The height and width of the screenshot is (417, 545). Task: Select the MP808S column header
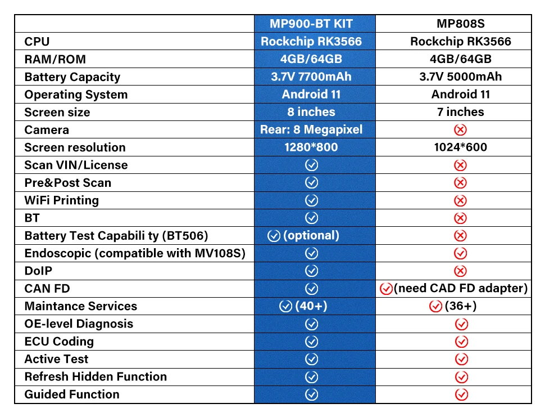[x=461, y=24]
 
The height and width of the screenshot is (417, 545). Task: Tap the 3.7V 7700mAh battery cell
[x=311, y=77]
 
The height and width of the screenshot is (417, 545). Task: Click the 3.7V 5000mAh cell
[x=461, y=77]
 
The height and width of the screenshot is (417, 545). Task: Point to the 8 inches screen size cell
[x=311, y=112]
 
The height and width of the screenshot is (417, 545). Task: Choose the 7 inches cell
[x=461, y=112]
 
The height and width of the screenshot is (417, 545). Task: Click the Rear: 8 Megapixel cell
[x=311, y=129]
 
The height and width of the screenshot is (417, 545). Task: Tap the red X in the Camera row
[x=461, y=130]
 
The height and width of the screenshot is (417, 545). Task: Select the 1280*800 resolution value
[x=311, y=147]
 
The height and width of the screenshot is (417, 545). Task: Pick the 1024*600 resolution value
[x=461, y=147]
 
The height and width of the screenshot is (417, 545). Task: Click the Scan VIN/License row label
[x=76, y=165]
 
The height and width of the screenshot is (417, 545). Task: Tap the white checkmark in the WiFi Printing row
[x=311, y=200]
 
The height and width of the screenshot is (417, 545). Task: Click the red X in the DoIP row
[x=461, y=271]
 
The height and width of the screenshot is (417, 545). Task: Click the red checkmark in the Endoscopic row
[x=461, y=253]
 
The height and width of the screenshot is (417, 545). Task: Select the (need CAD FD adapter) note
[x=461, y=289]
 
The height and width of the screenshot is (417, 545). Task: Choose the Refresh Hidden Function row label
[x=96, y=376]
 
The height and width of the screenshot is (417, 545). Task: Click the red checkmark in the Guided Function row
[x=461, y=394]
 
